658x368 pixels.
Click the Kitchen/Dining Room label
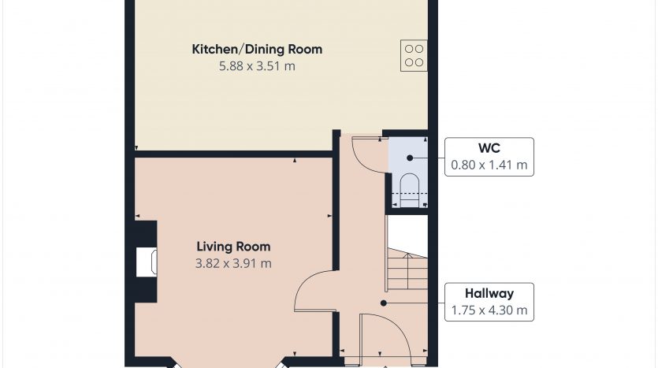point(257,49)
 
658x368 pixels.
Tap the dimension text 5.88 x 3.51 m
point(257,66)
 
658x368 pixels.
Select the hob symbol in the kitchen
point(414,55)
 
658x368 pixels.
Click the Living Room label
point(233,247)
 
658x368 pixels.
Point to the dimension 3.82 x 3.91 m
point(233,263)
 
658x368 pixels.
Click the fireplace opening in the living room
point(147,262)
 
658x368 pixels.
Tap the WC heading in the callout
point(489,148)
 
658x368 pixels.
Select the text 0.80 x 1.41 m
point(489,165)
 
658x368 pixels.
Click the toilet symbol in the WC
point(409,191)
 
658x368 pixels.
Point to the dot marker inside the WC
point(410,158)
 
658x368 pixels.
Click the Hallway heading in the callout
point(489,293)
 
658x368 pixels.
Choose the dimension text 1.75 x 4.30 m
point(489,310)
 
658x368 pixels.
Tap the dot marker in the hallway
point(383,303)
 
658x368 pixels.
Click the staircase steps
point(407,269)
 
